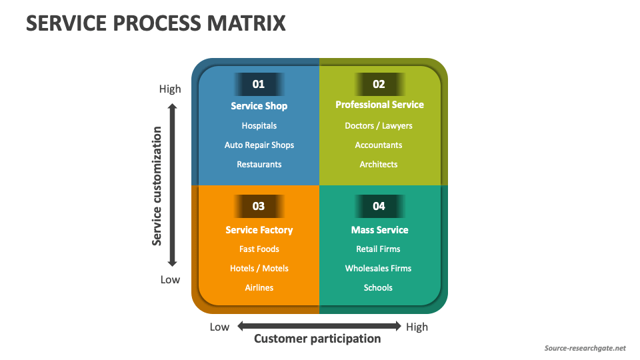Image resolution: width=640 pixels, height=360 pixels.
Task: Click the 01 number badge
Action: point(259,84)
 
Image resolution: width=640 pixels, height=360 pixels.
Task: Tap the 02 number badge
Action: point(379,84)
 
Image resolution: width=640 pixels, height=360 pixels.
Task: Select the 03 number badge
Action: point(259,206)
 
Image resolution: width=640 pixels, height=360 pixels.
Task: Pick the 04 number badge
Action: point(379,206)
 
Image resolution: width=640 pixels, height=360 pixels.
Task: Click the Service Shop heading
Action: point(259,106)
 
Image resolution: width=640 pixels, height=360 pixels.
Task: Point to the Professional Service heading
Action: point(379,105)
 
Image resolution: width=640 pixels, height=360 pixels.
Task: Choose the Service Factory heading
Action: point(259,230)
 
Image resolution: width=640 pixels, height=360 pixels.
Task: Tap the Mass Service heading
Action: point(379,230)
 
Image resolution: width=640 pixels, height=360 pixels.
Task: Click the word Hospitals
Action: point(259,125)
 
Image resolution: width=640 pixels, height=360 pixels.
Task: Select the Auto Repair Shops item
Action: point(259,145)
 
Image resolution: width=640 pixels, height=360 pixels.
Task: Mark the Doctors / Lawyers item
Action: point(379,125)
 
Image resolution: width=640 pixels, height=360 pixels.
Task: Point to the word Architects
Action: point(379,164)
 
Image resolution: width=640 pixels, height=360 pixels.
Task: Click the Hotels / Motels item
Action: point(259,268)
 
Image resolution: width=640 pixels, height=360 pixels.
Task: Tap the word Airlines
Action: point(259,287)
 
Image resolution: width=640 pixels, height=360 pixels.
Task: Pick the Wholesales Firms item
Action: point(378,268)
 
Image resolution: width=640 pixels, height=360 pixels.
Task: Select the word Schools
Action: point(378,287)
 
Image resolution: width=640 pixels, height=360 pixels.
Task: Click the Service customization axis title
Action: point(157,186)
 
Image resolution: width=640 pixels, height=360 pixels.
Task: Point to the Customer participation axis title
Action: point(317,339)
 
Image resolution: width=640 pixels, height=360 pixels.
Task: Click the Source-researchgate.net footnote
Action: point(585,348)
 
